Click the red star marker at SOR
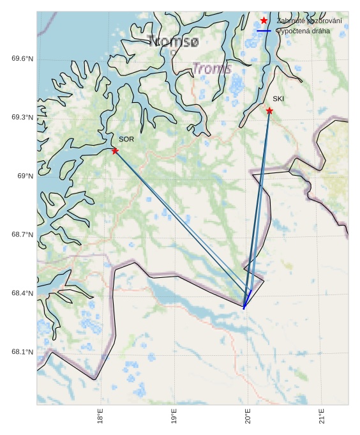point(115,151)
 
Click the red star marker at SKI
point(269,111)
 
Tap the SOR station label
point(126,139)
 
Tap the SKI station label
point(278,99)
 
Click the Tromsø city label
point(174,42)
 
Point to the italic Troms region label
point(211,68)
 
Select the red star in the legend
point(264,21)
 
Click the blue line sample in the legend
point(264,31)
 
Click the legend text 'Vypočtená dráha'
point(303,31)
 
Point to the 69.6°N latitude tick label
point(22,59)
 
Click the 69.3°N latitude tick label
point(22,118)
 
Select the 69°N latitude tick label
point(25,176)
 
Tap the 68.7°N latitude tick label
point(22,235)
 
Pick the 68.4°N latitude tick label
point(22,294)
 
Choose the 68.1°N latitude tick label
point(22,353)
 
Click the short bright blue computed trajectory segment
point(247,300)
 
